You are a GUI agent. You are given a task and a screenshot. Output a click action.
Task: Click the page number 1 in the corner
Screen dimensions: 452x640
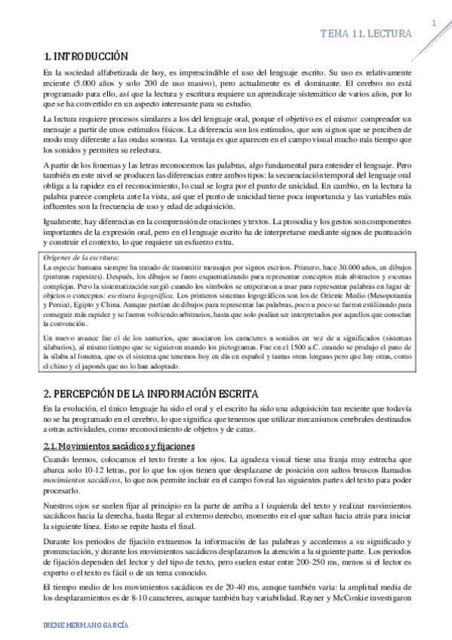(x=435, y=23)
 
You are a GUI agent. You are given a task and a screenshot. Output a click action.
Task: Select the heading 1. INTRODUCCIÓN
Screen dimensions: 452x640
(x=85, y=57)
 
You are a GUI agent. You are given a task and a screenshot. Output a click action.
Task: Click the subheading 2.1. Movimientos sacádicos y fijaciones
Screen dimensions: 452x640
(x=119, y=446)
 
